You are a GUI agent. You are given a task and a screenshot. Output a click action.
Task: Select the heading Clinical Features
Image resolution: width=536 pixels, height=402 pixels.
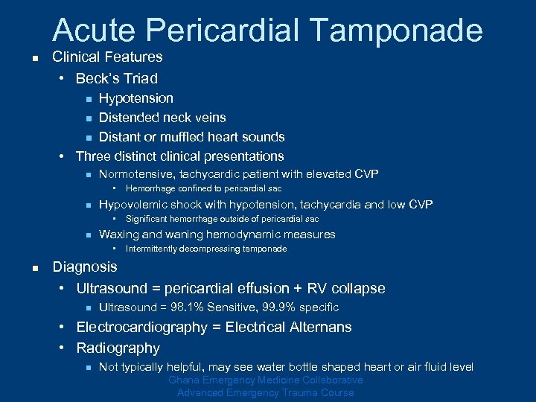point(107,57)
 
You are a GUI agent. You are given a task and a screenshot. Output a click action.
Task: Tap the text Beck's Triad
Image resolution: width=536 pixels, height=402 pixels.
point(117,78)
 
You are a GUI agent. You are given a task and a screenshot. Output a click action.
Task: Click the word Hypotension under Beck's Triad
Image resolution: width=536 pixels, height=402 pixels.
point(136,98)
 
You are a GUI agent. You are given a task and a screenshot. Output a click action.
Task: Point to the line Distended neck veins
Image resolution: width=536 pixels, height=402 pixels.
point(162,118)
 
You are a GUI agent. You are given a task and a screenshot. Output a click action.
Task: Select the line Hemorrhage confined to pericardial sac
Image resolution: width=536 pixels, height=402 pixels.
point(203,189)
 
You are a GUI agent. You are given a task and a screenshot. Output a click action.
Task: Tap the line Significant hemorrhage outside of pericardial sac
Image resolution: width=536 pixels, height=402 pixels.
point(222,219)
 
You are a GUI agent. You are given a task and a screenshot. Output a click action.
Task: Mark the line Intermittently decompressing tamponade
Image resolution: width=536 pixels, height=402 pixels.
point(205,249)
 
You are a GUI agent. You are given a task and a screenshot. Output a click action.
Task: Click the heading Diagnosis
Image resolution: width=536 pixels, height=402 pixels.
point(85,267)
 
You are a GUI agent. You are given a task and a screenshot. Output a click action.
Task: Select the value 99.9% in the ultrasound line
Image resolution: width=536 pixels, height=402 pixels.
point(277,307)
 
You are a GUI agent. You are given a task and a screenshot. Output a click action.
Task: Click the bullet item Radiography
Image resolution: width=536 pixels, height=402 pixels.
point(118,348)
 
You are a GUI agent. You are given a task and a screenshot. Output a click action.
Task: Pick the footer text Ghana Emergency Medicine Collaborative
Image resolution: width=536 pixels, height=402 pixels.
point(266,380)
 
